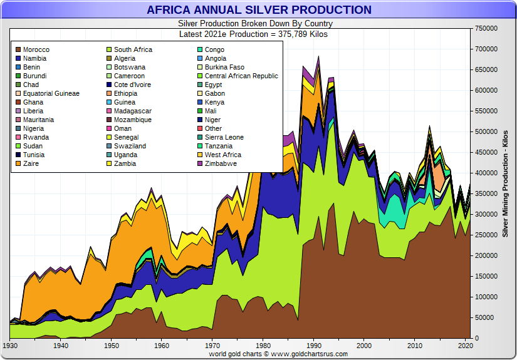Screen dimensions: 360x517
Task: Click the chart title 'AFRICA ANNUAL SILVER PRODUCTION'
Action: (x=259, y=10)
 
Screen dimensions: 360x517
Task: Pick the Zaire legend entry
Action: (x=31, y=163)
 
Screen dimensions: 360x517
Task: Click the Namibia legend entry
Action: (x=34, y=58)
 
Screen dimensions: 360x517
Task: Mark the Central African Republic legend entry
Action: (x=241, y=76)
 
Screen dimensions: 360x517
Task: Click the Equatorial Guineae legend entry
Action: (x=51, y=93)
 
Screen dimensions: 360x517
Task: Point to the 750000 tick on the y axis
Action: (x=487, y=28)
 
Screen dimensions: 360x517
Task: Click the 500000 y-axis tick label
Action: (x=487, y=131)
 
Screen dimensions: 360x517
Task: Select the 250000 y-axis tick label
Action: (x=487, y=235)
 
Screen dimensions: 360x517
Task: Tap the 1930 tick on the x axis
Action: (x=10, y=346)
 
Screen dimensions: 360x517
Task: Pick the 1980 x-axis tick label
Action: (x=263, y=346)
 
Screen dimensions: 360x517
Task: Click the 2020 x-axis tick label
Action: (x=464, y=346)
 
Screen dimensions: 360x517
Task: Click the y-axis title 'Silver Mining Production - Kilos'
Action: (x=505, y=183)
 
